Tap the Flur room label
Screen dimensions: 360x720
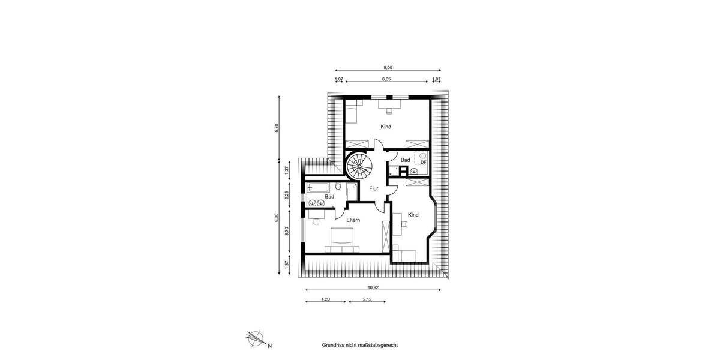point(374,188)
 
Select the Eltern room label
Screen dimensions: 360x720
point(353,220)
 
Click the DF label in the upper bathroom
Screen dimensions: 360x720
point(423,162)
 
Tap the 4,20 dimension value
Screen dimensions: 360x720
point(326,299)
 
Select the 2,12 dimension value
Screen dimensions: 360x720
point(367,299)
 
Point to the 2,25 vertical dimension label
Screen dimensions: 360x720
point(287,194)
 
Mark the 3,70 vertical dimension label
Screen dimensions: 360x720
point(287,230)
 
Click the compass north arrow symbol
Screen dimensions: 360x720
point(256,339)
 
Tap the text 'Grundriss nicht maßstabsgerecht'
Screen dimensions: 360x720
point(360,346)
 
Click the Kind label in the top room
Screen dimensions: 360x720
point(386,127)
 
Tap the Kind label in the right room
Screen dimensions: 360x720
point(413,215)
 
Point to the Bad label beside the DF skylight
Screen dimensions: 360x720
point(406,160)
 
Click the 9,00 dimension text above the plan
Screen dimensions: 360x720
point(388,67)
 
